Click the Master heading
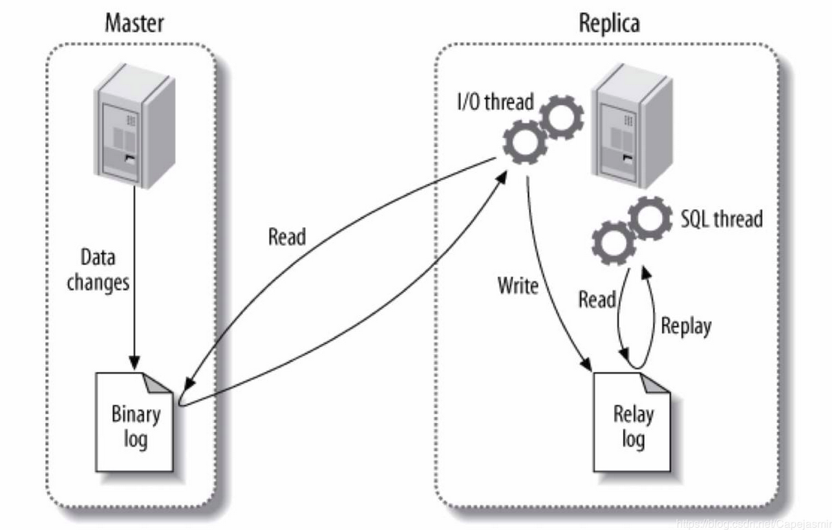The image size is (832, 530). pos(134,23)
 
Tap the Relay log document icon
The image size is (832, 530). pos(632,424)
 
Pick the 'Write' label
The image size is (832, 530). pos(518,286)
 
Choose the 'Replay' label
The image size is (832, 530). pos(686,326)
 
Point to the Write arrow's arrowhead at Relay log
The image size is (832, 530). pos(588,366)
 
